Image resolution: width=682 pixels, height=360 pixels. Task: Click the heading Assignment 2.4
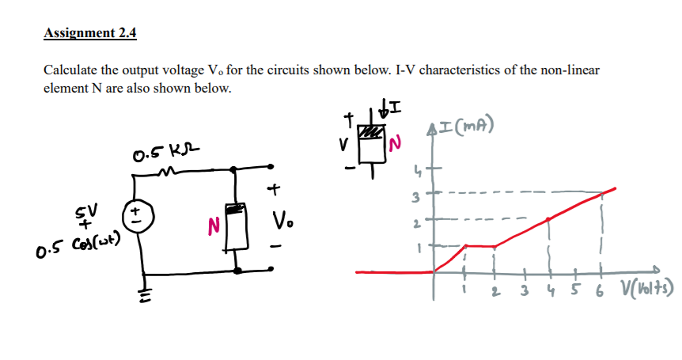pyautogui.click(x=90, y=32)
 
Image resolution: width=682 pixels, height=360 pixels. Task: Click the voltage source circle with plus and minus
pyautogui.click(x=137, y=215)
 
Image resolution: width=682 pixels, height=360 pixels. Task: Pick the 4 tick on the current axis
pyautogui.click(x=419, y=168)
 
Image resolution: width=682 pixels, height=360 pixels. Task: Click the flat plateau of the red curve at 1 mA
pyautogui.click(x=479, y=245)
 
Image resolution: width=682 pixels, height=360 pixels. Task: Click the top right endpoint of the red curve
pyautogui.click(x=616, y=188)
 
